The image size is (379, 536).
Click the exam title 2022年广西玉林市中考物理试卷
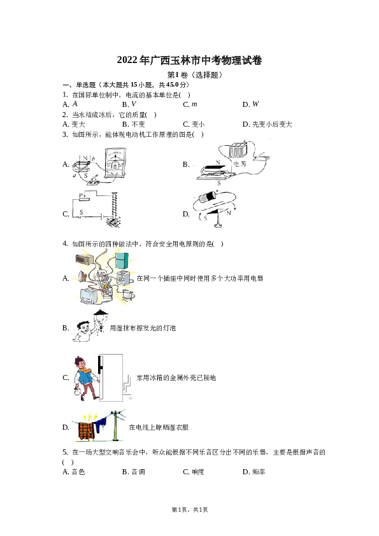[190, 60]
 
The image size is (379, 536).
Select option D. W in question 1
[251, 104]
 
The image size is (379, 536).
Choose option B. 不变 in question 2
[133, 124]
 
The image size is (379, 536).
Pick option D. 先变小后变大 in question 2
[267, 124]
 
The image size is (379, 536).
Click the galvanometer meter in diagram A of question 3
[115, 164]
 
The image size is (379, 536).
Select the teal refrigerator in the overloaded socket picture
[122, 260]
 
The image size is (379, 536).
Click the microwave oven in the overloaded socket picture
[85, 259]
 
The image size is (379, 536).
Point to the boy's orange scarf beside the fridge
[85, 370]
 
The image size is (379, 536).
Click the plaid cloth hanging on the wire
[87, 432]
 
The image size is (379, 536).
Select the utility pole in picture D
[116, 426]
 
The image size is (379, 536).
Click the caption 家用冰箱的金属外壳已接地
[176, 377]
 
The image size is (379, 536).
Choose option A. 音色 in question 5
[73, 472]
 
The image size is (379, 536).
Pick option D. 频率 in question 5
[254, 472]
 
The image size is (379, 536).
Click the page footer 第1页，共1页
[190, 510]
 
